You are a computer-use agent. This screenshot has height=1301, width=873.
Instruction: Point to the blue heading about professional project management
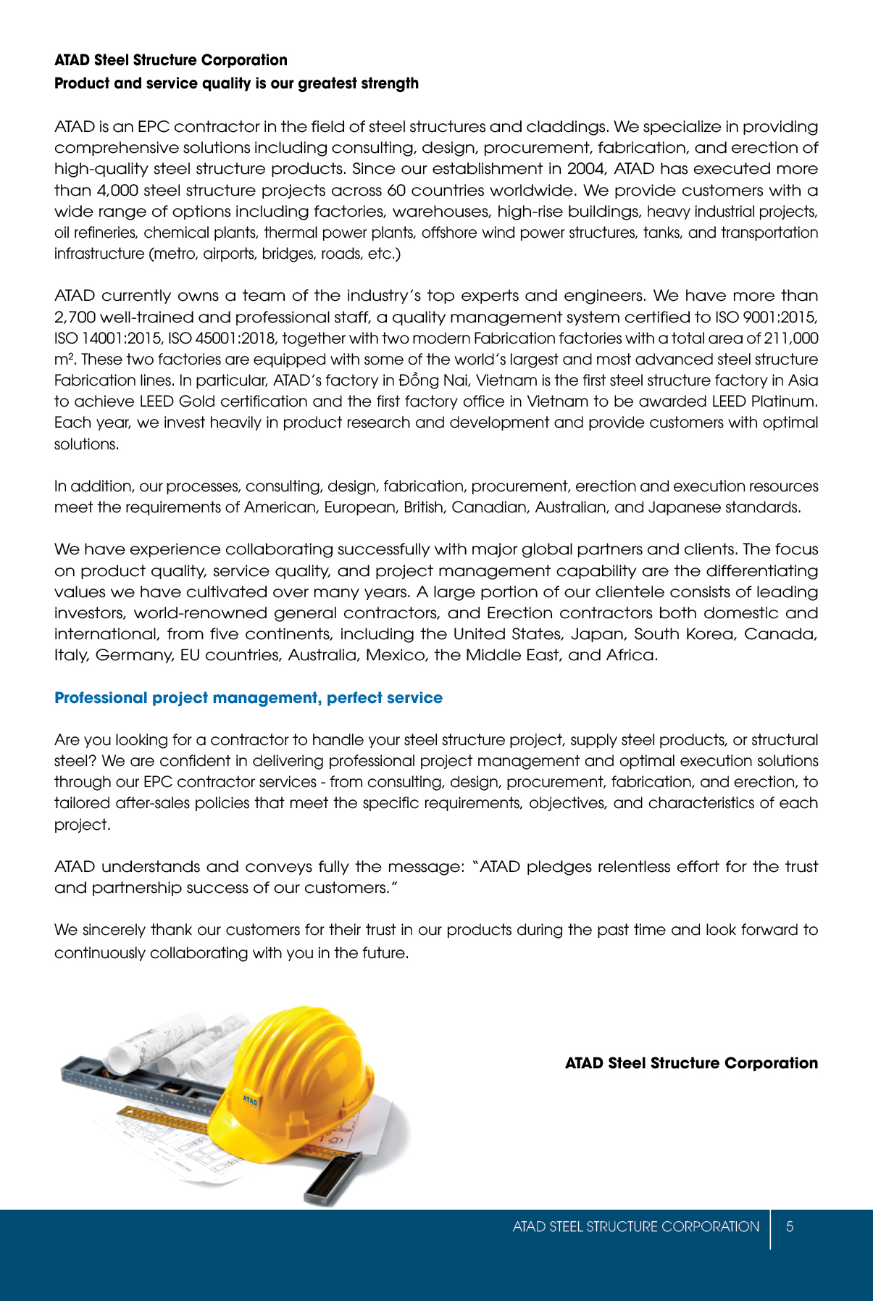tap(248, 698)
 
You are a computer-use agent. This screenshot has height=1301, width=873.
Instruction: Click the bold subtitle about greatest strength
tap(236, 83)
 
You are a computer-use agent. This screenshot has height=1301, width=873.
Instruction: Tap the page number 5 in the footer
tap(790, 1226)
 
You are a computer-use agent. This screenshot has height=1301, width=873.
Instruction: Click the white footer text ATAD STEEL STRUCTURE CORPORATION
tap(635, 1226)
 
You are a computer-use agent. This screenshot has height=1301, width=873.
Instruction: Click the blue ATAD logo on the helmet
tap(250, 1101)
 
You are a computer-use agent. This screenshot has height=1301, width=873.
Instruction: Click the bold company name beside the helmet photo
tap(691, 1063)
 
